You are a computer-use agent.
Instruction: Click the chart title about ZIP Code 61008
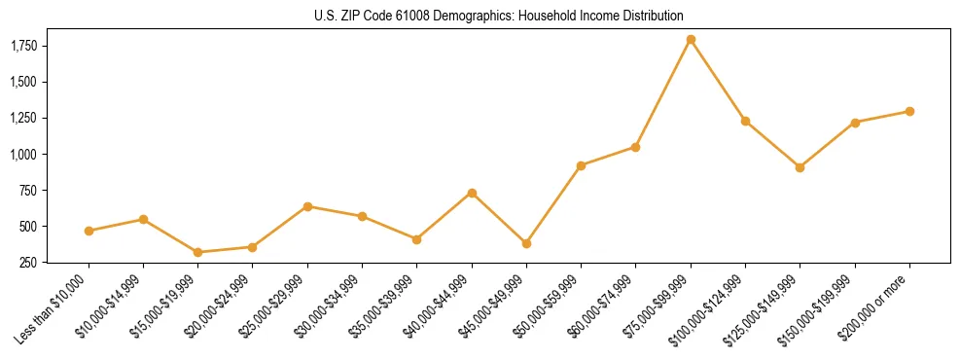tap(499, 16)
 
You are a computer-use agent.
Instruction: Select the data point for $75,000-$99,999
tap(691, 40)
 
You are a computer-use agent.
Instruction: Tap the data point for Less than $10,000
tap(89, 231)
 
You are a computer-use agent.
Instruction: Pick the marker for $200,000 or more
tap(909, 111)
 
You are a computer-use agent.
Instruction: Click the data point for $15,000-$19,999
tap(198, 252)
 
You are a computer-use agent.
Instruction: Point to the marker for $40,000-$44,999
tap(472, 193)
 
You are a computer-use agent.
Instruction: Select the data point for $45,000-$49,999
tap(526, 243)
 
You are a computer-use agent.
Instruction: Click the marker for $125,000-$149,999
tap(800, 167)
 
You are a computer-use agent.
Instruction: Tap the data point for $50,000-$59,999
tap(581, 165)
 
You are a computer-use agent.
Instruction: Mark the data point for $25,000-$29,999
tap(307, 206)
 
